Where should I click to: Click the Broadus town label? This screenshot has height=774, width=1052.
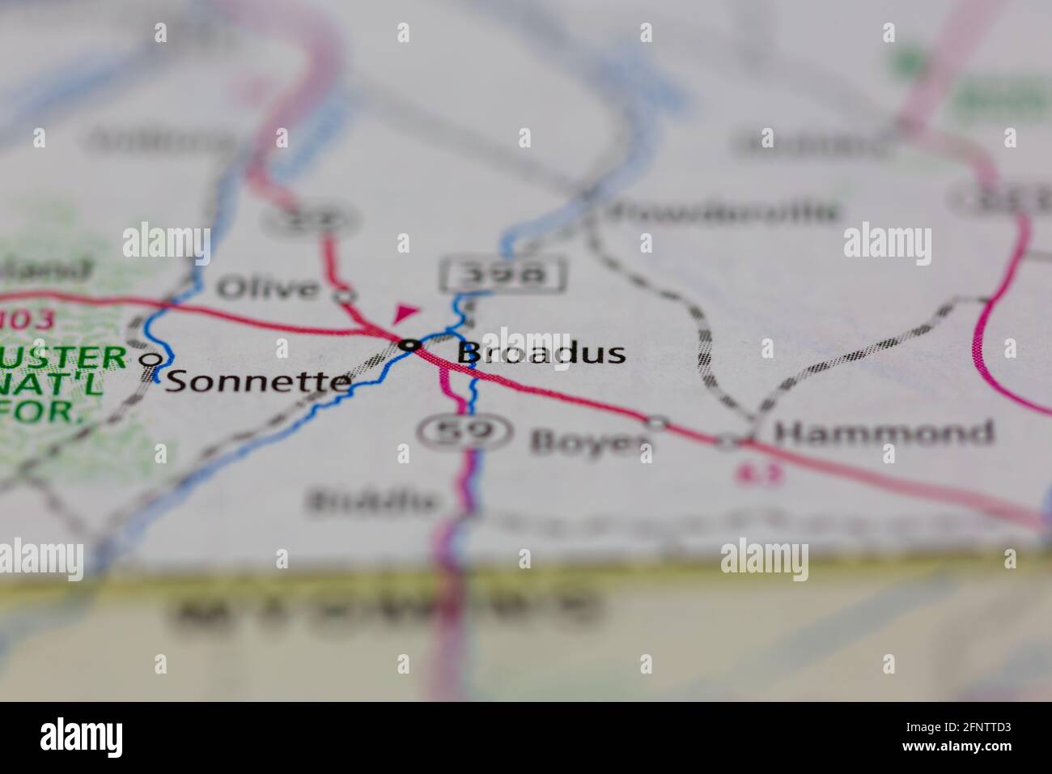pyautogui.click(x=541, y=353)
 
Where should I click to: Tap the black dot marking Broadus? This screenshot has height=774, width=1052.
pyautogui.click(x=411, y=346)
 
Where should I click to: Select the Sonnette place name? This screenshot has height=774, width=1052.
pyautogui.click(x=258, y=381)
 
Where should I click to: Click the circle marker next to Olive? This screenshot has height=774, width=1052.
pyautogui.click(x=346, y=296)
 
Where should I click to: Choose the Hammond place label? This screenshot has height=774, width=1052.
pyautogui.click(x=883, y=432)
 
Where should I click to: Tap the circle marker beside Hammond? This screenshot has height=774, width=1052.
pyautogui.click(x=730, y=441)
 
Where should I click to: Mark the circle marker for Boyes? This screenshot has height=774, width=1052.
pyautogui.click(x=657, y=423)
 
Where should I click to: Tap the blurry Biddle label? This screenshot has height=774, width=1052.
pyautogui.click(x=372, y=502)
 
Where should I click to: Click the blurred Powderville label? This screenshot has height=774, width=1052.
pyautogui.click(x=722, y=213)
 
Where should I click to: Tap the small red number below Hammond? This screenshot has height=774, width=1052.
pyautogui.click(x=750, y=474)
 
